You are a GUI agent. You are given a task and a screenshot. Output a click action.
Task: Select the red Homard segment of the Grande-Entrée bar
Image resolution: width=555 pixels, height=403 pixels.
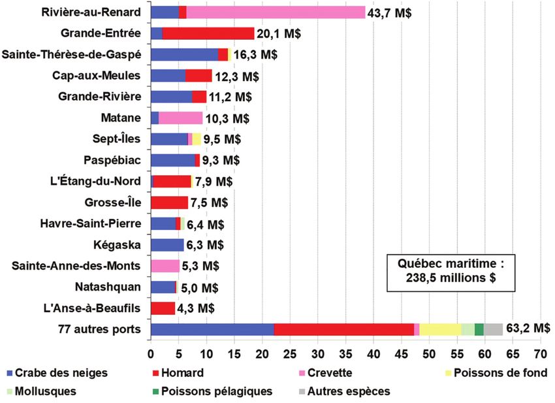pos(208,33)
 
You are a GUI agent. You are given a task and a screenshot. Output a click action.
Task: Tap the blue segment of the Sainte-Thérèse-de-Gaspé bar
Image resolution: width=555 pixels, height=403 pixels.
pos(184,55)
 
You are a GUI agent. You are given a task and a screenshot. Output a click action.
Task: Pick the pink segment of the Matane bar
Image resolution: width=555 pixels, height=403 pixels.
pos(180,118)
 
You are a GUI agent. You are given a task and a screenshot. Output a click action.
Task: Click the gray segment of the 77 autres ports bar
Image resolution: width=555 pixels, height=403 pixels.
pos(493,329)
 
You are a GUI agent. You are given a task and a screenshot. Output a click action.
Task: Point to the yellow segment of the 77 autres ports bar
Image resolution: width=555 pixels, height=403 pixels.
pos(440,329)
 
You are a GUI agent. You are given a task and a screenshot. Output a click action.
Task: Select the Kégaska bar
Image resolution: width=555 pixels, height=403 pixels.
pos(167,245)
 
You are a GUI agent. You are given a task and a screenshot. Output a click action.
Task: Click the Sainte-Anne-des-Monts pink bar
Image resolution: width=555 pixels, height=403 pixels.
pos(165,266)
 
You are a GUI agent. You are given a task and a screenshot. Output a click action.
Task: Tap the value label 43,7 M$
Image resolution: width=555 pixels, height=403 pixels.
pos(390,12)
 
